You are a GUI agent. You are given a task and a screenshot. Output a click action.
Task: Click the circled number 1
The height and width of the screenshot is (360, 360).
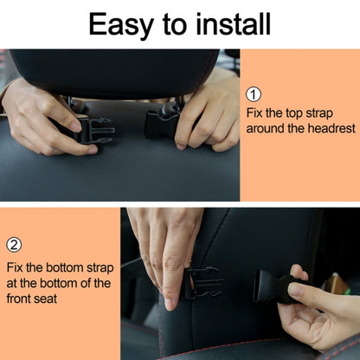coord(254,95)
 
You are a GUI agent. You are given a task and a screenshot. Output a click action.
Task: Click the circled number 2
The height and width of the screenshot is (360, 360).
coord(14,245)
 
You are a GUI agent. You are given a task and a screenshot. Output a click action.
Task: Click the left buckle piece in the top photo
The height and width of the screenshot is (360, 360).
coord(93,130)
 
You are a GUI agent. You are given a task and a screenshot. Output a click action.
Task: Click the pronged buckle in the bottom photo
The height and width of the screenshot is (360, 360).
coord(201,281)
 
